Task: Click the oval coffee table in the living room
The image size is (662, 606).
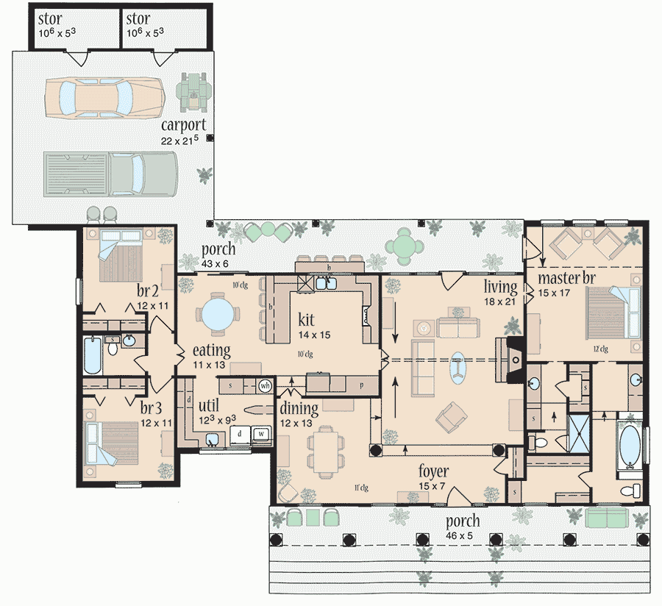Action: coord(458,368)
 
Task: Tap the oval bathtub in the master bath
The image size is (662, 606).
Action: coord(630,444)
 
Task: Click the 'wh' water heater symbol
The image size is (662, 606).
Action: coord(266,385)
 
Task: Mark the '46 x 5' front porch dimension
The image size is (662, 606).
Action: coord(462,536)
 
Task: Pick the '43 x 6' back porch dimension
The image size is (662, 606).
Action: coord(219,263)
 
